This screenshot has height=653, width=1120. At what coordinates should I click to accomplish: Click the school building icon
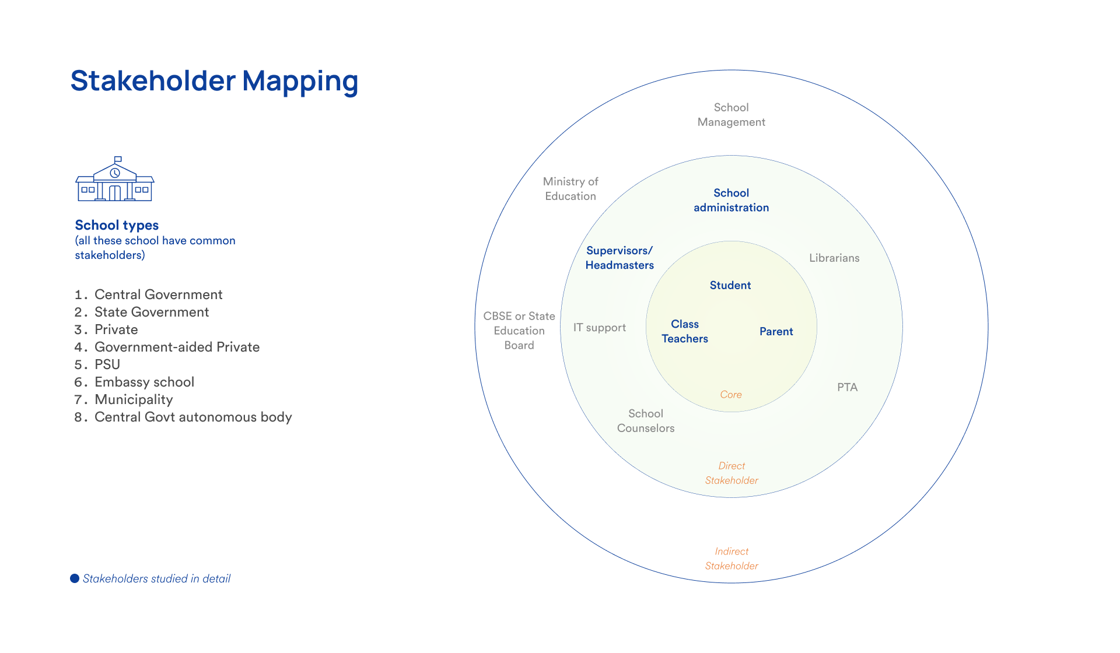(x=115, y=180)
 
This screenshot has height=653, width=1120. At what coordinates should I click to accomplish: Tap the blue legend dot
(x=75, y=578)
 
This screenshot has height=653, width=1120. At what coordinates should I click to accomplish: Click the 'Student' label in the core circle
(x=730, y=285)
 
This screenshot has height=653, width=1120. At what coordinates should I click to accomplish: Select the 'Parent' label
(x=776, y=331)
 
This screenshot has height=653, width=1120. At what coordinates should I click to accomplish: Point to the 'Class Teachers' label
(x=685, y=331)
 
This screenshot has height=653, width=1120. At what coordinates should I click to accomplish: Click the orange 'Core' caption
(x=731, y=395)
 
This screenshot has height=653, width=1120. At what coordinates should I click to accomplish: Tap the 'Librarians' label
(x=834, y=258)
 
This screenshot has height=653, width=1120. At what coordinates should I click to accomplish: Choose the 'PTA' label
(x=847, y=387)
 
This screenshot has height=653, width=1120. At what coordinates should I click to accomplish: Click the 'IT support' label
(x=599, y=328)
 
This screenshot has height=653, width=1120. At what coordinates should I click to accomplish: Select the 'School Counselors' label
(x=646, y=420)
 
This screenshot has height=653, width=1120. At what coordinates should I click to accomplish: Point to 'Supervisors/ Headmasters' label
(x=619, y=258)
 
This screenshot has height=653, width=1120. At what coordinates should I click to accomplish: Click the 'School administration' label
(x=731, y=200)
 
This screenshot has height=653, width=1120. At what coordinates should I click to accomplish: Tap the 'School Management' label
(x=731, y=114)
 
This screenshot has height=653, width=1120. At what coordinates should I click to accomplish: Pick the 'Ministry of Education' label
(x=570, y=189)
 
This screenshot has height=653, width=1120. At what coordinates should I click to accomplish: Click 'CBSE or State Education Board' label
(x=519, y=331)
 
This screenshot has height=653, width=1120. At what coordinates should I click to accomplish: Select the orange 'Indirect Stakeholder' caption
(x=731, y=559)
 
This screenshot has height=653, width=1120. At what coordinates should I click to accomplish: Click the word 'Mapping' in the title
(x=300, y=82)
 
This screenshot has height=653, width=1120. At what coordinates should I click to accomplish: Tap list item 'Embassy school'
(x=144, y=382)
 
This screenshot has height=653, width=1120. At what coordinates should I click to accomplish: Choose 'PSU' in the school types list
(x=107, y=364)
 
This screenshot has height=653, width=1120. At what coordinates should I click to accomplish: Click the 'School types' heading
(x=117, y=225)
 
